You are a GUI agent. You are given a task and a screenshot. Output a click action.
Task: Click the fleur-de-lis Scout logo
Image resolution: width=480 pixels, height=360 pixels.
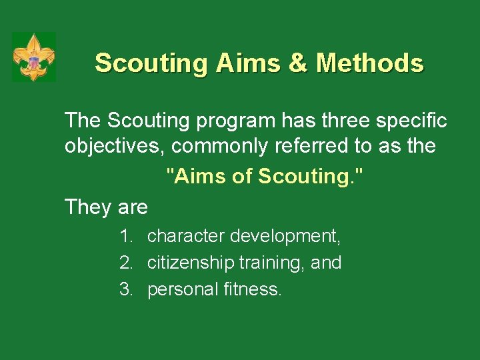pyautogui.click(x=34, y=57)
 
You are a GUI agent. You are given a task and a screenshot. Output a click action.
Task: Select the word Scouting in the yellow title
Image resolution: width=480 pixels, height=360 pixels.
pyautogui.click(x=151, y=64)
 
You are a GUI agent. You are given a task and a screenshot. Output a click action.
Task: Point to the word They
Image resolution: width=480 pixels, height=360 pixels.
pyautogui.click(x=87, y=207)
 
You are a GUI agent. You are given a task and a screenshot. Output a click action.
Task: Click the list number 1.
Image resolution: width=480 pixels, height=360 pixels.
pyautogui.click(x=125, y=236)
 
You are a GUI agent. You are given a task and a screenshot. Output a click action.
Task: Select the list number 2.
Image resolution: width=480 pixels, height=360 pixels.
pyautogui.click(x=125, y=263)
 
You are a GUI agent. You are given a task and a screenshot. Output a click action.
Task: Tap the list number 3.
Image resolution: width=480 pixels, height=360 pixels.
pyautogui.click(x=125, y=289)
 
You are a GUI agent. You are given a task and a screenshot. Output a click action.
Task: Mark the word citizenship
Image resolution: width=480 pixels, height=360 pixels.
pyautogui.click(x=189, y=263)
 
